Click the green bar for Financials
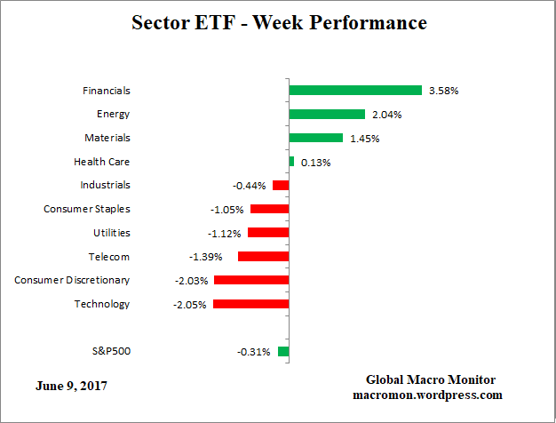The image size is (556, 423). pos(354,90)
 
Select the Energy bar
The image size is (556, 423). pos(327,114)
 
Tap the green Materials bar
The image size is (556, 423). pos(315,138)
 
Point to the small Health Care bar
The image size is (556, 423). pos(291,161)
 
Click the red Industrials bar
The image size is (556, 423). pos(281,185)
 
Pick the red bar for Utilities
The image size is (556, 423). pos(268,232)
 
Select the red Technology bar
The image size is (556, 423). pos(250,304)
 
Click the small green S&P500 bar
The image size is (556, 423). pos(283,351)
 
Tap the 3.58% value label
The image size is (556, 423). pos(443,91)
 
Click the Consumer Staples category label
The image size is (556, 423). pos(87,209)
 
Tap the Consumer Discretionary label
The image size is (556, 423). pos(72,280)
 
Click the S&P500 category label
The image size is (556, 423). pos(110,351)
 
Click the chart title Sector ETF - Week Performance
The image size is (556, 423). pos(278,22)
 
